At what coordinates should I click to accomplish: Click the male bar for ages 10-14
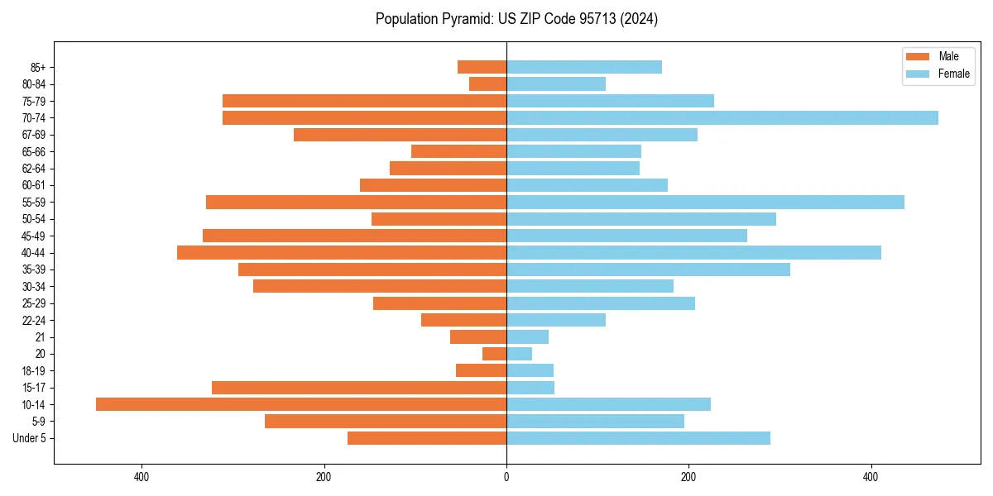tap(301, 404)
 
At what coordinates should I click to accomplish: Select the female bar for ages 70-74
tap(722, 118)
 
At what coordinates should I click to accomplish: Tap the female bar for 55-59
tap(705, 203)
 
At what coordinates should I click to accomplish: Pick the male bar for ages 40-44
tap(342, 253)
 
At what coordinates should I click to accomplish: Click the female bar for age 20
tap(519, 354)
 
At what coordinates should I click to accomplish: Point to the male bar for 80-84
tap(487, 84)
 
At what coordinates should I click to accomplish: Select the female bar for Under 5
tap(638, 438)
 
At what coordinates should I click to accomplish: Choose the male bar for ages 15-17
tap(359, 388)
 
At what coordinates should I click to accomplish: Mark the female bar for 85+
tap(584, 67)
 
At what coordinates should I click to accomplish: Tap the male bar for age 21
tap(478, 337)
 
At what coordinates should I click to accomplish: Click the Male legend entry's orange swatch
tap(918, 57)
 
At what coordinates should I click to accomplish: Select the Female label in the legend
tap(953, 74)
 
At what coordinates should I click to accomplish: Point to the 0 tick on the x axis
tap(506, 477)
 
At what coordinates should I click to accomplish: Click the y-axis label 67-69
tap(34, 135)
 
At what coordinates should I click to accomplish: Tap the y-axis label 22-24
tap(34, 320)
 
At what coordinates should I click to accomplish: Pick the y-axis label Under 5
tap(30, 438)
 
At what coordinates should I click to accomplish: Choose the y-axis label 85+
tap(37, 67)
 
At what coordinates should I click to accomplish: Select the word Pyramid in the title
tap(463, 19)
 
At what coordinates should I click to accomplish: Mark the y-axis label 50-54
tap(34, 219)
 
